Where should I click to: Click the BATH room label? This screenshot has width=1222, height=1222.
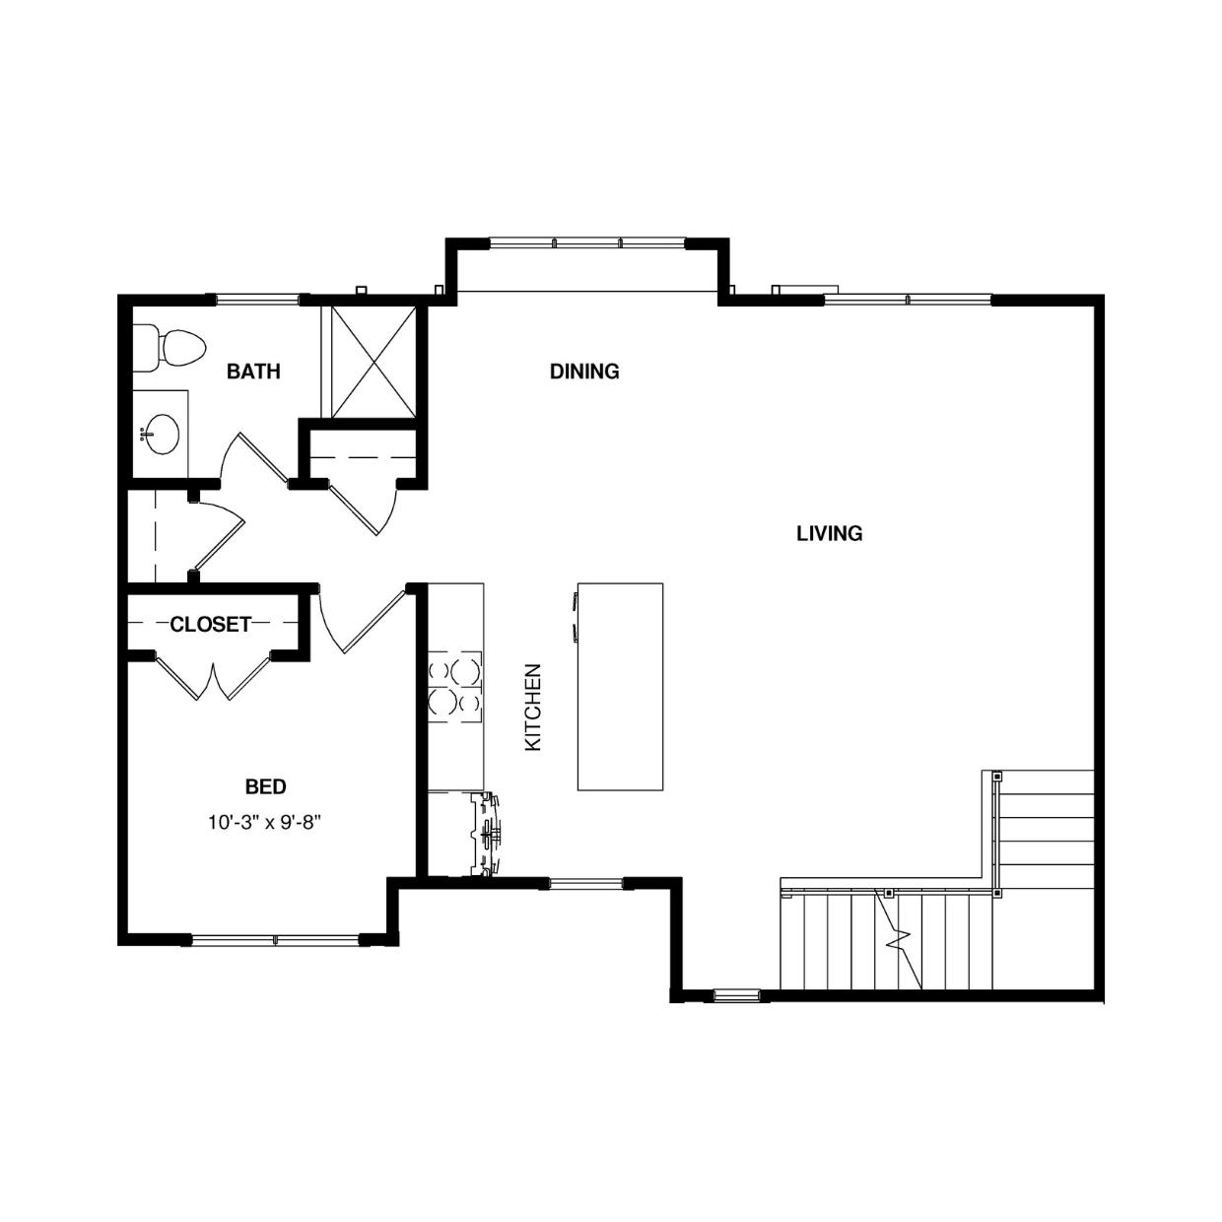[x=253, y=371]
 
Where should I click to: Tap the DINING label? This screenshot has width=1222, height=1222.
[x=584, y=371]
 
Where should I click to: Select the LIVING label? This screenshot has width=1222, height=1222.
[x=829, y=533]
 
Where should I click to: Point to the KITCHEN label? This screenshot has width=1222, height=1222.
[x=533, y=707]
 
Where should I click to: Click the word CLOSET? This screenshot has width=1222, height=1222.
[x=211, y=625]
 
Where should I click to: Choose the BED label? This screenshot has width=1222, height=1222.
[x=266, y=786]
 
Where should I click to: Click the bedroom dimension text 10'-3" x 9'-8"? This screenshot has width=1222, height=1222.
[x=265, y=823]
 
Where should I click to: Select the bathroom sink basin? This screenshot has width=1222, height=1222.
[x=163, y=435]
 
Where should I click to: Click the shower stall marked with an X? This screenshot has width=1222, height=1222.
[x=374, y=362]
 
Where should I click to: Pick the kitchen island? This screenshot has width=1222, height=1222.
[x=620, y=687]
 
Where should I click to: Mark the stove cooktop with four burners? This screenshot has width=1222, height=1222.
[x=454, y=687]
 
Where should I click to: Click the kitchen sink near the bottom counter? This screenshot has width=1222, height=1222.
[x=485, y=835]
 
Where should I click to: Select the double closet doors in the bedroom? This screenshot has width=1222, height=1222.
[x=214, y=679]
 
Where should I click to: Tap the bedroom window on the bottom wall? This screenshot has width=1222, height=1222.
[x=275, y=940]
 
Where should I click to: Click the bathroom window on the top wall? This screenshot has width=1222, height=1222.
[x=257, y=300]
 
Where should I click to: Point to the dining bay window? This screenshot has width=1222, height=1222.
[x=587, y=242]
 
